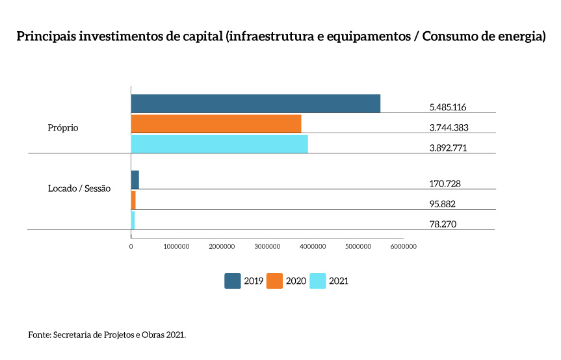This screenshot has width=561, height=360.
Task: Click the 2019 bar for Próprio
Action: pos(255,104)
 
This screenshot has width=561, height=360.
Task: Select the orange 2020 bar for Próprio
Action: pos(216,124)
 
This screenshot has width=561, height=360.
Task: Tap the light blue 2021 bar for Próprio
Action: pos(219,144)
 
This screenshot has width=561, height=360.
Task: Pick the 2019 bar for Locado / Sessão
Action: pos(135,180)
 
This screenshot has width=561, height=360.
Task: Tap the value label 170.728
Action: pos(445,184)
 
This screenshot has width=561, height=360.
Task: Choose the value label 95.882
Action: pos(442,204)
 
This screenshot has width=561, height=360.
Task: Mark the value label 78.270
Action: pos(442,224)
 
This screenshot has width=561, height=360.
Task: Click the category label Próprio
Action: pos(63,128)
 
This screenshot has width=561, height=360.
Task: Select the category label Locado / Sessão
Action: pos(79,188)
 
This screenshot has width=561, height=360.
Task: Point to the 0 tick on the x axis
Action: pos(131,246)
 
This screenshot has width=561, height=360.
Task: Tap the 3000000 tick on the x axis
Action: pos(267,246)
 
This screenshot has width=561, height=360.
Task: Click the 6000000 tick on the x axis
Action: pos(403,246)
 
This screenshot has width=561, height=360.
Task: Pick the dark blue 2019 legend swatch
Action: pos(233,281)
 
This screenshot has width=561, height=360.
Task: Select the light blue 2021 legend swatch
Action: pos(317,281)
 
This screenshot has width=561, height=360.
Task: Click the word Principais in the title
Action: pos(46,36)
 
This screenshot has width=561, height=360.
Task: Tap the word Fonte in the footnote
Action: pos(40,335)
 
